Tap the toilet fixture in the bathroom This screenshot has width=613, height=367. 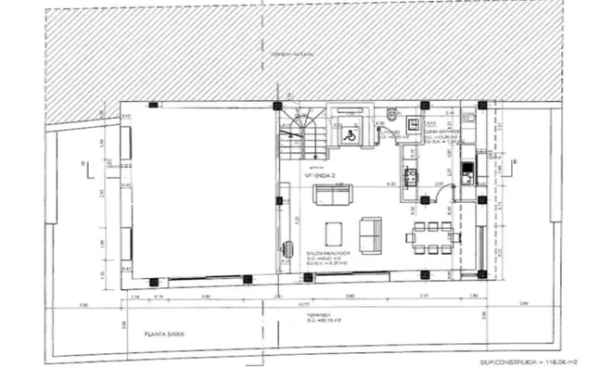point(393,117)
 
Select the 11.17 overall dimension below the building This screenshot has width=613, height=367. point(302,303)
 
